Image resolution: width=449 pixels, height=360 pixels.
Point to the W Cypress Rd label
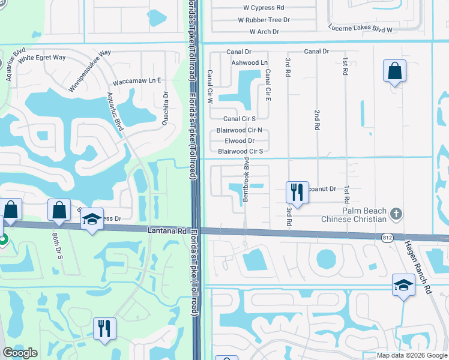264,8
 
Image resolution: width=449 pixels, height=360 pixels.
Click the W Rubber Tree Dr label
264,20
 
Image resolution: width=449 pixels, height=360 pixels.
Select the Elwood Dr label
240,141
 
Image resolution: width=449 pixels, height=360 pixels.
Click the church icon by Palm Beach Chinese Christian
396,213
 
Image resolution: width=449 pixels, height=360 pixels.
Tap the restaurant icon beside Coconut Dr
297,192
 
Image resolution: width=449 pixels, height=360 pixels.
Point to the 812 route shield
387,239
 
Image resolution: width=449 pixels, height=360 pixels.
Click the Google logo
20,353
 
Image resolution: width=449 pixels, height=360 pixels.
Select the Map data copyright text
411,355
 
